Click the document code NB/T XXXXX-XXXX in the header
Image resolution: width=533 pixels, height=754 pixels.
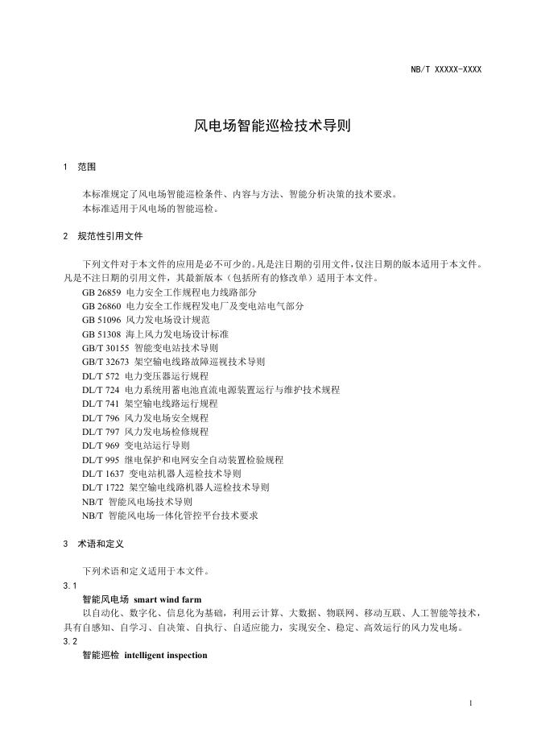click(446, 69)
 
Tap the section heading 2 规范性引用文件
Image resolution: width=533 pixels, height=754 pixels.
click(103, 237)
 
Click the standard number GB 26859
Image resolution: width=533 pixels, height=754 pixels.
click(101, 292)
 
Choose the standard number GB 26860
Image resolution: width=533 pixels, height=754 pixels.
click(101, 306)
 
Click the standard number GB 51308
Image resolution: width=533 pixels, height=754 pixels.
click(101, 333)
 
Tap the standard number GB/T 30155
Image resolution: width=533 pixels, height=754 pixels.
click(105, 347)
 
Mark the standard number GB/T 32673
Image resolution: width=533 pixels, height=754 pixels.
click(105, 362)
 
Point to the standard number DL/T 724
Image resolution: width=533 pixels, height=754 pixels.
click(101, 389)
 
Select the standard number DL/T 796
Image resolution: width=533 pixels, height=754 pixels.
click(101, 417)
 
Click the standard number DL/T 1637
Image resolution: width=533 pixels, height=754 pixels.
click(103, 473)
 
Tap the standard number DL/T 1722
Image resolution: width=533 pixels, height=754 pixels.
click(103, 487)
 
